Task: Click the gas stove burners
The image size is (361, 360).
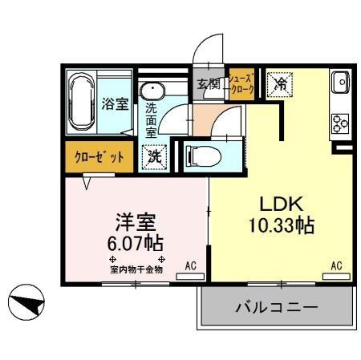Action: tap(338, 123)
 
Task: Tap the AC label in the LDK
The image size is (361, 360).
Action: tap(337, 265)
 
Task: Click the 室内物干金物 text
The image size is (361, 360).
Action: tap(136, 269)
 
